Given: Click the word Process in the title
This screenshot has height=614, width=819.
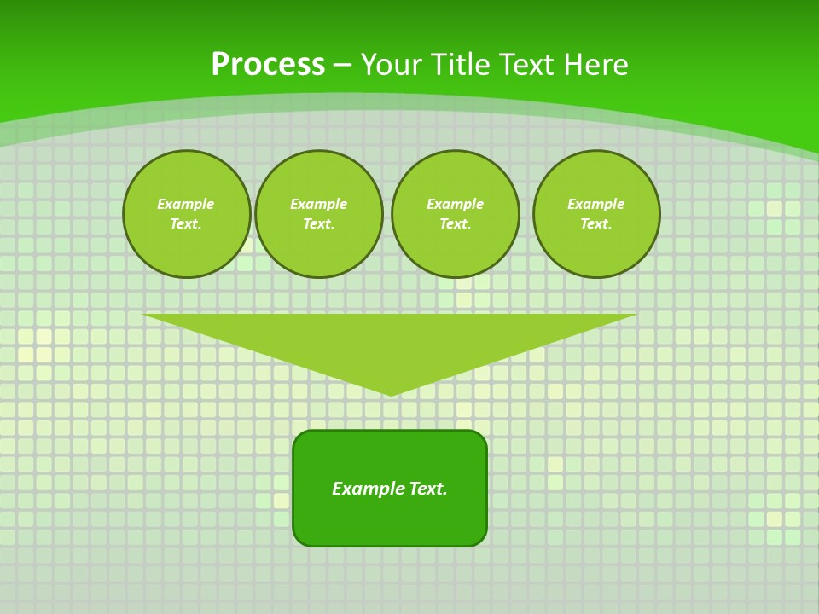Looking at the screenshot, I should [268, 65].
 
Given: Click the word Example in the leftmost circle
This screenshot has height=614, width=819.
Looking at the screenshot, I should [186, 205].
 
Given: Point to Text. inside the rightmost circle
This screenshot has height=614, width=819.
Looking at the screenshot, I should [596, 224].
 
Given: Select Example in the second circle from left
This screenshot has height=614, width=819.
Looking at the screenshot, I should [319, 205].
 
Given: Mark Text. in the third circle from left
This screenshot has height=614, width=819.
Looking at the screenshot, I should [456, 224].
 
